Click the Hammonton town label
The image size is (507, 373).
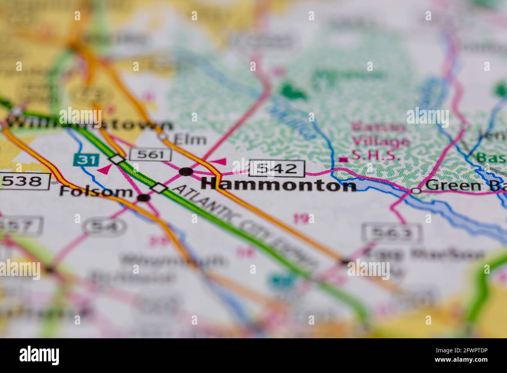pos(278,185)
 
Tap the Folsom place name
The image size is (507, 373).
pos(96,192)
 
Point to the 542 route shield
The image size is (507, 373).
pos(277,169)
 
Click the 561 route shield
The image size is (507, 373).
pos(151,155)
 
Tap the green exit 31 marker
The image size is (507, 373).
pos(83,160)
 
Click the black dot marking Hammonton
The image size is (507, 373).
pos(186,171)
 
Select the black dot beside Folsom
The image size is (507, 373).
pos(144,198)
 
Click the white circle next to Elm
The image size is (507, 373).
pos(163,137)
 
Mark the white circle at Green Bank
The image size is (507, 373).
pos(416,191)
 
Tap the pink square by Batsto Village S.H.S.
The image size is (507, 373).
pos(343,159)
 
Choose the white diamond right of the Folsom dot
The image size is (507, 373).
pos(159,188)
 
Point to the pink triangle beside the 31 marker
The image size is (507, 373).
pos(103,169)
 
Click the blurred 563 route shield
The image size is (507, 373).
pos(391,233)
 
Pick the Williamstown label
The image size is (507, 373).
pos(90,124)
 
